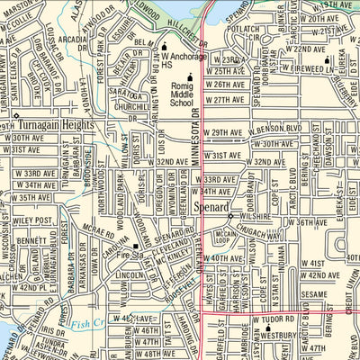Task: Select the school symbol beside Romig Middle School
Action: pos(190,76)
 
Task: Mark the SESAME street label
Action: pos(316,294)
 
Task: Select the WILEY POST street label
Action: pos(33,219)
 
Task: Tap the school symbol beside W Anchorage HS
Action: pos(165,46)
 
